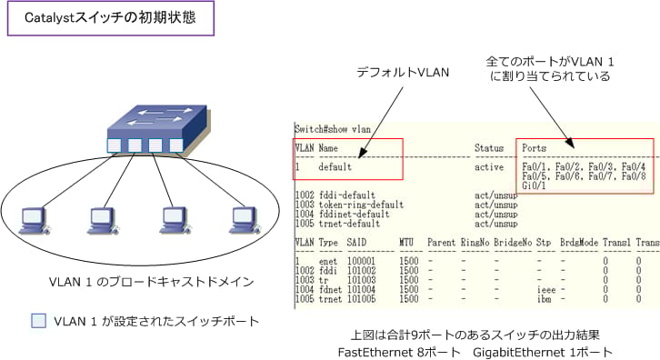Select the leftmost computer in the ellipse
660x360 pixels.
(x=33, y=216)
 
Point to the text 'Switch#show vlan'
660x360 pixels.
(x=334, y=128)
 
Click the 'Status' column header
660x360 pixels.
(x=489, y=147)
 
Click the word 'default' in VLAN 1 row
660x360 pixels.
(x=335, y=167)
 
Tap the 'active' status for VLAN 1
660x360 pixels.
(x=489, y=167)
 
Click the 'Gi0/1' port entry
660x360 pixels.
(x=534, y=186)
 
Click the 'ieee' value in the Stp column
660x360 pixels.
(x=545, y=290)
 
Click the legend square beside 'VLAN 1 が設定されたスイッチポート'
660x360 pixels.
(x=39, y=320)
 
